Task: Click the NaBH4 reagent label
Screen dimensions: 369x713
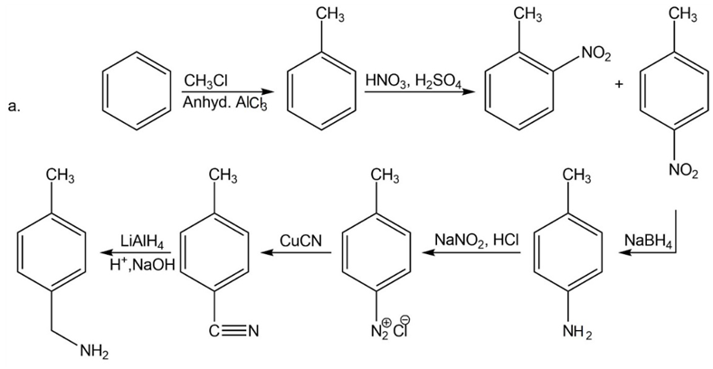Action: click(x=646, y=240)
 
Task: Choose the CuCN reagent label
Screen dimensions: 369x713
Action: click(x=299, y=241)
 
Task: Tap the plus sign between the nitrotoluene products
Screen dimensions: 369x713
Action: click(x=619, y=84)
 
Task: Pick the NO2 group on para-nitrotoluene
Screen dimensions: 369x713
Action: click(x=684, y=168)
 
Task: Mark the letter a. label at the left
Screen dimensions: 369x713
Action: click(x=13, y=108)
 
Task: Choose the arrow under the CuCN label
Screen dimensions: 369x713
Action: click(x=298, y=254)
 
